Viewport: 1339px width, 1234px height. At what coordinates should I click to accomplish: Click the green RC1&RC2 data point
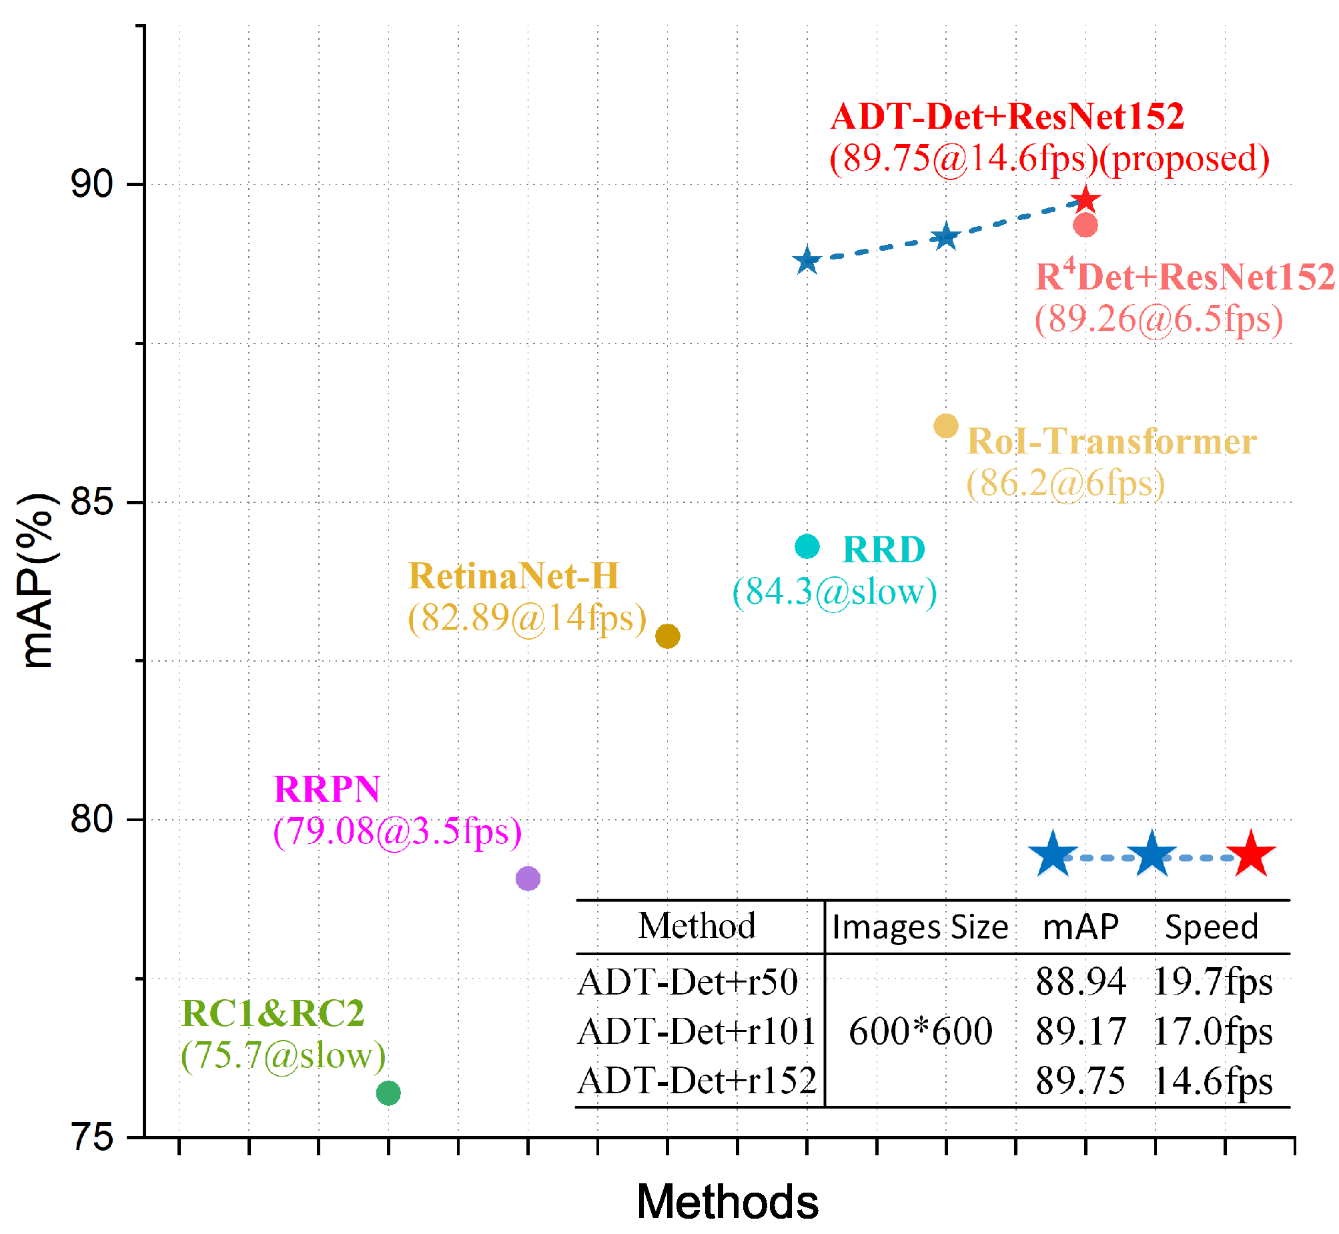388,1093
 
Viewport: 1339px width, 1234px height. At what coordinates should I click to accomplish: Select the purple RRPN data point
528,878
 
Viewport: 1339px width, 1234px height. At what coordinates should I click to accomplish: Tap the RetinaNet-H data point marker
667,636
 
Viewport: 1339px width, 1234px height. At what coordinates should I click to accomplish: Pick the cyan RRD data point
807,546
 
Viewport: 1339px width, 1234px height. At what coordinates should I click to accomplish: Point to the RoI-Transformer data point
945,426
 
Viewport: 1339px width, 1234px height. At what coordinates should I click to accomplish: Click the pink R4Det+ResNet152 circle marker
1085,225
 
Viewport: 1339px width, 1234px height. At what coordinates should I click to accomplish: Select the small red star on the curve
1085,199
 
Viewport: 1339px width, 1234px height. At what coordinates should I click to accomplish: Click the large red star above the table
1251,854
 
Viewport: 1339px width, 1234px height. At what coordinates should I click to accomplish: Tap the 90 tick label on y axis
91,183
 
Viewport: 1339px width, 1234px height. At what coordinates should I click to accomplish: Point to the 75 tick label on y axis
91,1137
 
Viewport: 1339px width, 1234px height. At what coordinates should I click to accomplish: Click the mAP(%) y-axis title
37,581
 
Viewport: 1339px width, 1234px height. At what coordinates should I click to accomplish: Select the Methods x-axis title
727,1201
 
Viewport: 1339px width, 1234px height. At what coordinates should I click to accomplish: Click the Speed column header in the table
1211,927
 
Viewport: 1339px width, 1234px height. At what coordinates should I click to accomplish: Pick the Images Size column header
919,927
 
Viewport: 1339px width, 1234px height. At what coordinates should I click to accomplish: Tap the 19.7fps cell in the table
1212,982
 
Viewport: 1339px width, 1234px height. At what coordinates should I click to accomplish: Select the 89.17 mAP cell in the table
1081,1031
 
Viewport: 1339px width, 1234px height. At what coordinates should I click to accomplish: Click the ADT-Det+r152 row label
697,1081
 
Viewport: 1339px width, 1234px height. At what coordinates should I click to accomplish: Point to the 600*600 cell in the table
920,1031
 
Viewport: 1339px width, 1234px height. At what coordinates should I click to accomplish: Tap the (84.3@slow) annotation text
835,592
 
